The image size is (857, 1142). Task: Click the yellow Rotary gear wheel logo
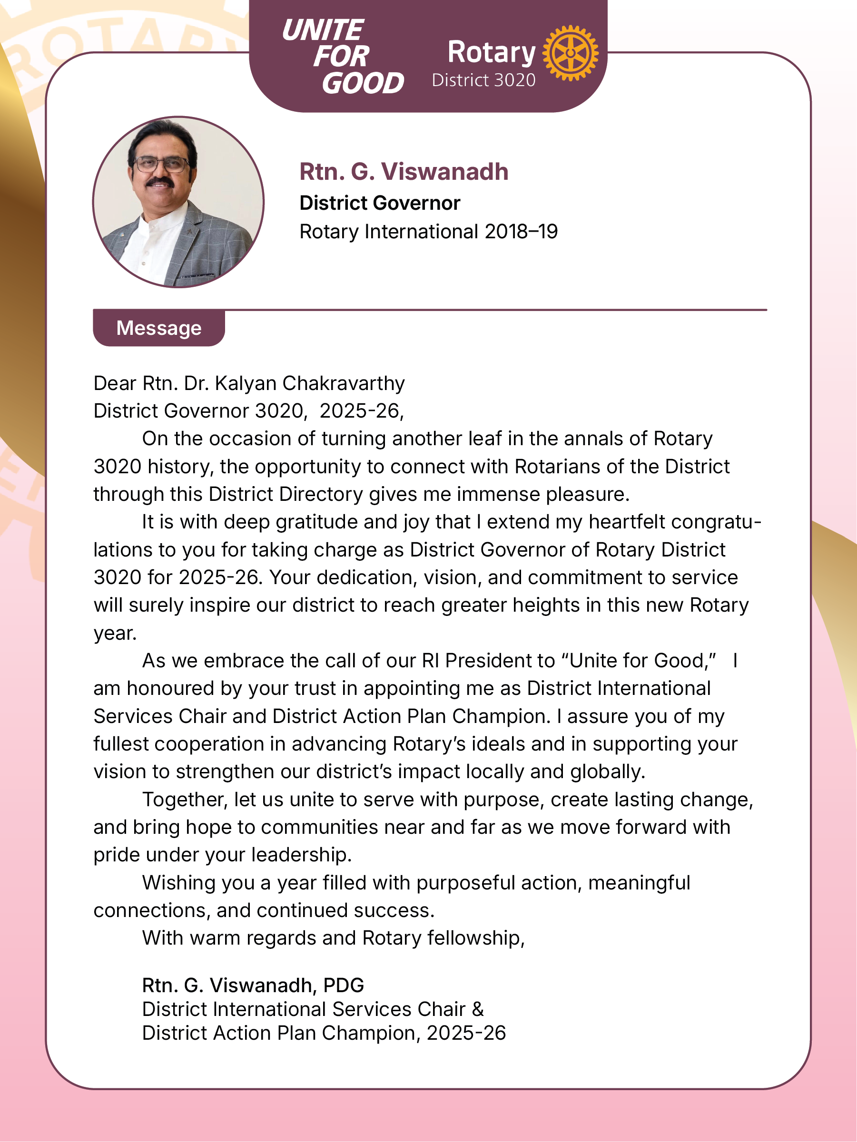click(570, 53)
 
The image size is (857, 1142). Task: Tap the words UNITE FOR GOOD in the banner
click(342, 56)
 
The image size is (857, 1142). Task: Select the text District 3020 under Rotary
click(483, 80)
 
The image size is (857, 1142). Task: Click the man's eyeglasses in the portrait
click(161, 165)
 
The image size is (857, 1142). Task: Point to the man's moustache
click(159, 182)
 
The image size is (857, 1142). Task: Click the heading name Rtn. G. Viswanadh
click(404, 172)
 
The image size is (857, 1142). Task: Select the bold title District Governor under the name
click(380, 204)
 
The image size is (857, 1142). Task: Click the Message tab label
click(158, 328)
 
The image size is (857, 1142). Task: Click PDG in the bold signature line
click(344, 986)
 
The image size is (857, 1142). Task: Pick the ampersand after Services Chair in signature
click(478, 1009)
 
